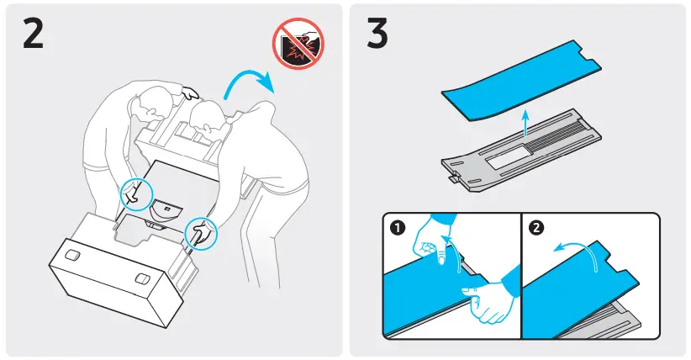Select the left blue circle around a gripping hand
[132, 193]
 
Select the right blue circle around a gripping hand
[200, 231]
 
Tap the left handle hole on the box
[72, 253]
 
